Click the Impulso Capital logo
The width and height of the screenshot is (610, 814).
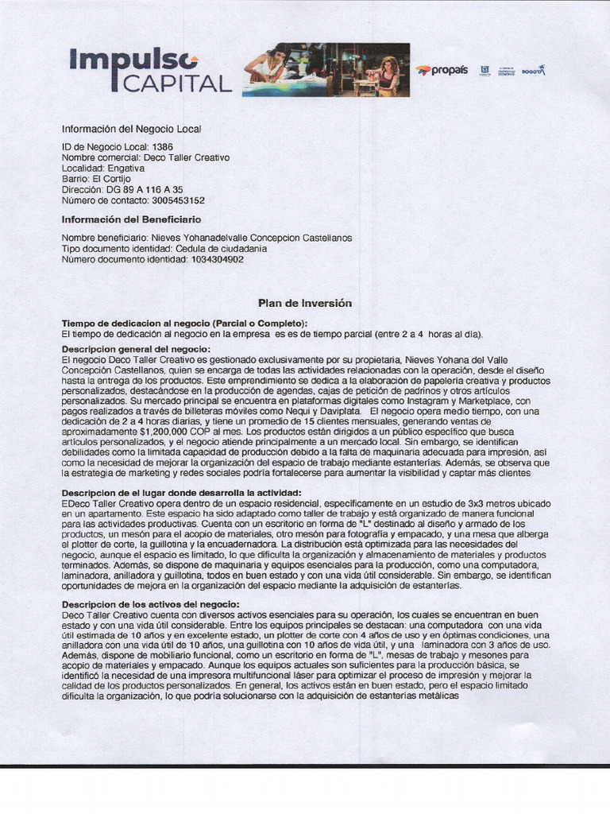150,69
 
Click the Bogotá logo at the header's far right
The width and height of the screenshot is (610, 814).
533,71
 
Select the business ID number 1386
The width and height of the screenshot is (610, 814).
162,147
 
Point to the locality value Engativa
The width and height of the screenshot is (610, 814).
125,169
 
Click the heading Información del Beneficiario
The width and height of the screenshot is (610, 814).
131,219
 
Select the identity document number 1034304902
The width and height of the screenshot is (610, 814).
212,259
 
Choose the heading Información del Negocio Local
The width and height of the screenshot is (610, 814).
137,129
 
